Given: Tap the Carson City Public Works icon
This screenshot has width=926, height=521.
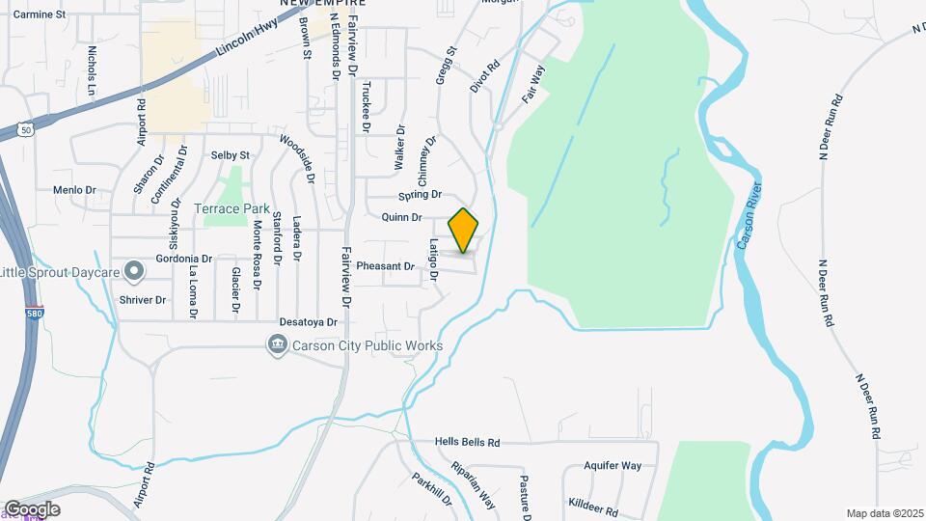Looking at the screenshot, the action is pos(277,345).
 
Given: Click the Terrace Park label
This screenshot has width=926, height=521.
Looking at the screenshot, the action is pos(231,208).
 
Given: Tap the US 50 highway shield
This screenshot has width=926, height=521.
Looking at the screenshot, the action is pos(26,129).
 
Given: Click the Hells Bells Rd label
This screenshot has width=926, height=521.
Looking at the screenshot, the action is pos(467,443).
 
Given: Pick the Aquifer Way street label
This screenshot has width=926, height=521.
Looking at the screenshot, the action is pos(613,465).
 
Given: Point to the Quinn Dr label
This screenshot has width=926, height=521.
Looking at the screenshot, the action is pos(402,218).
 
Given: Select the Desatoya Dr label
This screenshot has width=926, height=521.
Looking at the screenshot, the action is pos(307,322).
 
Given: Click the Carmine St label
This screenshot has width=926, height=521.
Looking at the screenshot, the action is pos(40,15).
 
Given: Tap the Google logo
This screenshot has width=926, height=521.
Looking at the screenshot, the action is pos(32,508).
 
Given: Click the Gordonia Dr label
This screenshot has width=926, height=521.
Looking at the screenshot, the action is pos(180,259).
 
